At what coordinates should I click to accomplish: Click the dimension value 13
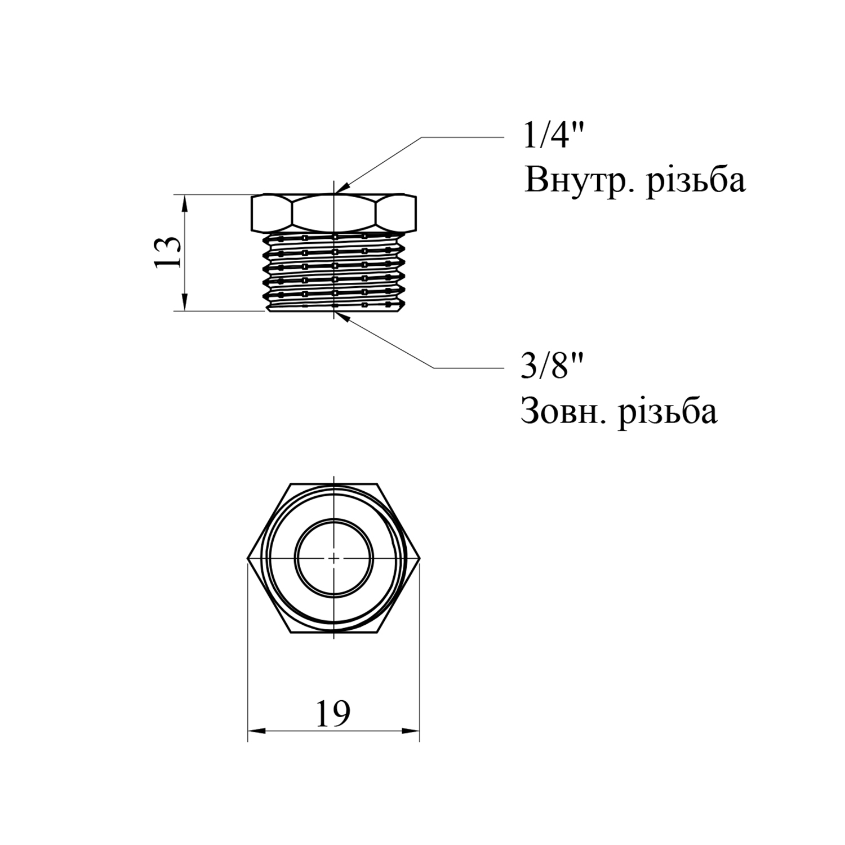coord(168,252)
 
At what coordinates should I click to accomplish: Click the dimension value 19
coord(333,714)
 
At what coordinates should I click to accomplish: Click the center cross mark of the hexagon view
coord(333,558)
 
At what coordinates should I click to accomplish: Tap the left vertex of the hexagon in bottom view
coord(248,558)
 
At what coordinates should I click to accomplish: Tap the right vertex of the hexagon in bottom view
coord(420,558)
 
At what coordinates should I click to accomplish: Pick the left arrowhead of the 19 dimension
coord(256,731)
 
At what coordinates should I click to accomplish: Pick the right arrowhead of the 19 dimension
coord(411,731)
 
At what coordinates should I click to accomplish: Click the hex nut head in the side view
coord(333,214)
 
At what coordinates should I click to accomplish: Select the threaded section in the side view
coord(335,272)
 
